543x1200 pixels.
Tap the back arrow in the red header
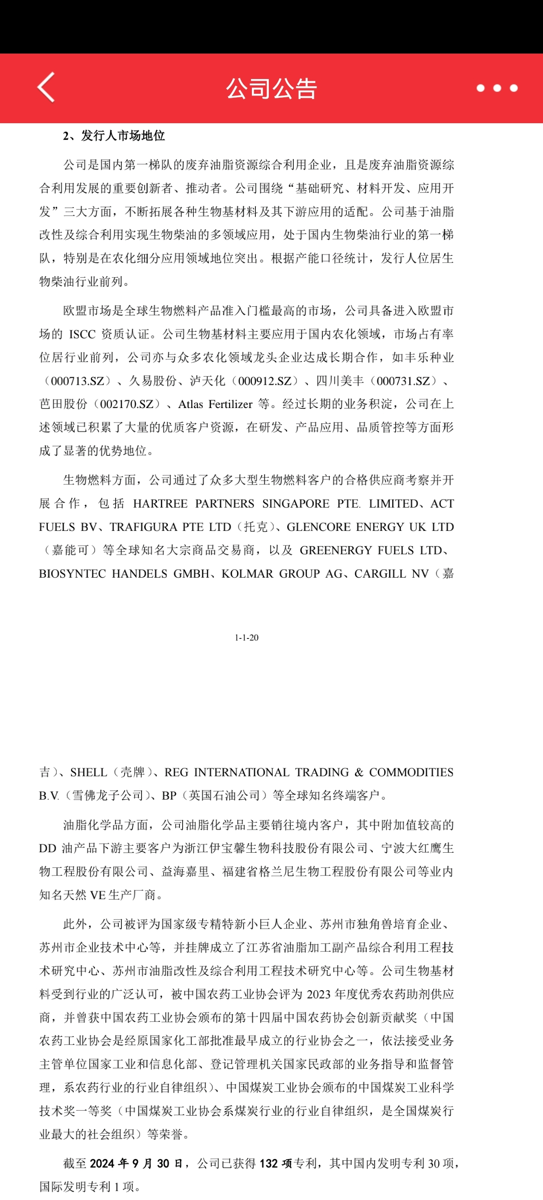(x=46, y=87)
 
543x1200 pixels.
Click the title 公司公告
(x=271, y=88)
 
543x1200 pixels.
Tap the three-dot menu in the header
(x=497, y=88)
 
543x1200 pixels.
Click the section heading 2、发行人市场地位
(x=114, y=136)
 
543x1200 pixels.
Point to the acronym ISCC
(x=82, y=334)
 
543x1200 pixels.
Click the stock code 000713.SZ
(x=77, y=381)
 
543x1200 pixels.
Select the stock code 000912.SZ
(x=265, y=381)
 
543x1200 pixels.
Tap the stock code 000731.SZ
(x=403, y=381)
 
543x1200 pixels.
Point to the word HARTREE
(x=160, y=504)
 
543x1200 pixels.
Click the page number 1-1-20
(x=246, y=637)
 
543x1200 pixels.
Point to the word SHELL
(x=88, y=772)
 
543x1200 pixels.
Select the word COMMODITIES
(x=411, y=772)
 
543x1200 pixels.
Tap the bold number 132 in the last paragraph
(x=268, y=1164)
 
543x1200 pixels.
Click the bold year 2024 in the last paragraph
(x=102, y=1164)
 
